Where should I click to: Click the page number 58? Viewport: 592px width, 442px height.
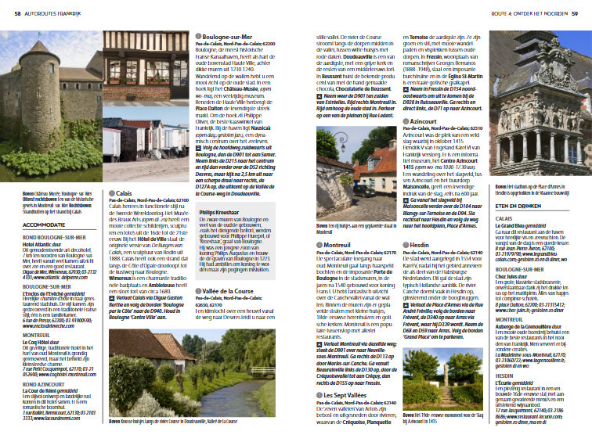pos(6,13)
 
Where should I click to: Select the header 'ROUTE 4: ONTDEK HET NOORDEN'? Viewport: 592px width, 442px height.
pos(532,13)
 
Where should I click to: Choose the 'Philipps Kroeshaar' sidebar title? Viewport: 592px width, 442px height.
pos(218,211)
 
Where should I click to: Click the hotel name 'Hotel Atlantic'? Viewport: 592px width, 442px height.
pos(23,244)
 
